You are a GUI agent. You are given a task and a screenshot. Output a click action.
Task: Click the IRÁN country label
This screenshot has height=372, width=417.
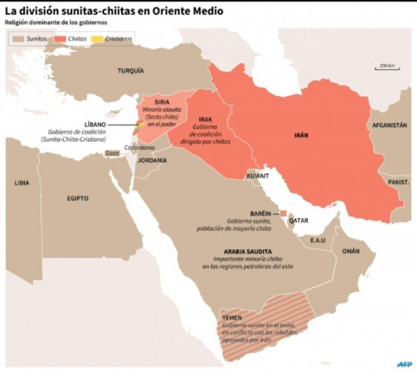point(301,136)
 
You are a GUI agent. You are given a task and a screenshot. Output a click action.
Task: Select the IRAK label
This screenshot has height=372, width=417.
point(206,118)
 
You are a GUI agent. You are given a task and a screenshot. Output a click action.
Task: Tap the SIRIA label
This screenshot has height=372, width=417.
point(162,103)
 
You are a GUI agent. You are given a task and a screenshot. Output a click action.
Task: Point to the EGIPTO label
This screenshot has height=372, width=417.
point(77,198)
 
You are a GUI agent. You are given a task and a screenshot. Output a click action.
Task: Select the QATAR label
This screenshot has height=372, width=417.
point(298,219)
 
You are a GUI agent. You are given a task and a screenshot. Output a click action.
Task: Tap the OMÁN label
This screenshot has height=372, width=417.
point(350,251)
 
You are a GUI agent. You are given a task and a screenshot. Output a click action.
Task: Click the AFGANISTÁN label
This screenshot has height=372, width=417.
point(389,125)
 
